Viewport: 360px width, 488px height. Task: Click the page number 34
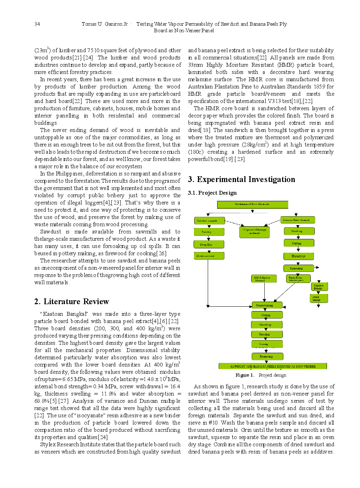37,24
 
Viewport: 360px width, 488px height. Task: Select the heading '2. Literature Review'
71,301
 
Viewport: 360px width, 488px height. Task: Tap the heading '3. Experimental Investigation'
241,179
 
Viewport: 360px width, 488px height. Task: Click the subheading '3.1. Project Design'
212,193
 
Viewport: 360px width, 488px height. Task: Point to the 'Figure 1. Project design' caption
261,375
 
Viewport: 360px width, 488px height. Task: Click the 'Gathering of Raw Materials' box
252,204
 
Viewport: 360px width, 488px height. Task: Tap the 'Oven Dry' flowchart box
208,245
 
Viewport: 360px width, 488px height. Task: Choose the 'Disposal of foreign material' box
255,232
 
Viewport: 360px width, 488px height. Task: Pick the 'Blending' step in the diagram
298,256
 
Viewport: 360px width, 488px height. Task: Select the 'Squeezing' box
298,268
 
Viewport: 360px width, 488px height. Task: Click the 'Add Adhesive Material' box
264,278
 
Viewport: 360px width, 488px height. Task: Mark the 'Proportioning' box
267,305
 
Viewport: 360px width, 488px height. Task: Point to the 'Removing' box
266,356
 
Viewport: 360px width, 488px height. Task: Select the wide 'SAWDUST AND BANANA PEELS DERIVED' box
273,366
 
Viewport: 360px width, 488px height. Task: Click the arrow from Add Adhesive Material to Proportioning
265,292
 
